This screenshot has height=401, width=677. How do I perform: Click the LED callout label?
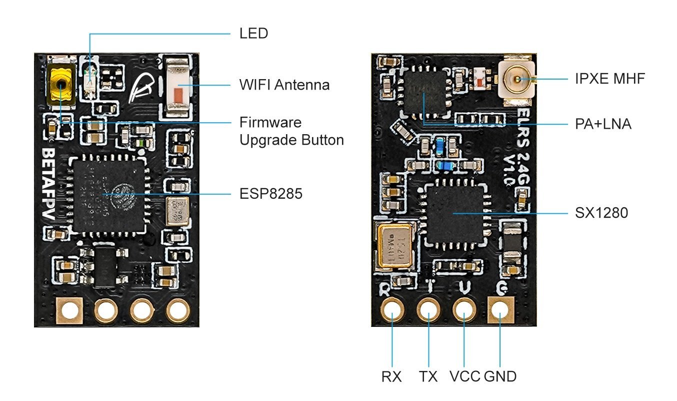point(253,34)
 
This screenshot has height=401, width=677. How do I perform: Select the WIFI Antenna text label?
point(284,85)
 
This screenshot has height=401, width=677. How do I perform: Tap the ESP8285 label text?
point(270,194)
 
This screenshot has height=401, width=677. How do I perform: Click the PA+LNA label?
point(602,123)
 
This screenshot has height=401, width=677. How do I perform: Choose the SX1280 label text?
point(601,213)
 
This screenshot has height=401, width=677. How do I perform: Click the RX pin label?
point(391,376)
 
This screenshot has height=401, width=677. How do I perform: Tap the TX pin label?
point(427,376)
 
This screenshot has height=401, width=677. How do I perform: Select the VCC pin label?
point(464,376)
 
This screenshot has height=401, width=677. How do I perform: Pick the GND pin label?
point(500,376)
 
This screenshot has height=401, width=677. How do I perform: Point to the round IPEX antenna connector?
point(516,79)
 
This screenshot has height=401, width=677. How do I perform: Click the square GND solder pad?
point(500,310)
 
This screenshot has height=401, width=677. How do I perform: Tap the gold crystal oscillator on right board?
point(394,245)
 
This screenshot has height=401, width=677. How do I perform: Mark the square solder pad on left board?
point(70,311)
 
